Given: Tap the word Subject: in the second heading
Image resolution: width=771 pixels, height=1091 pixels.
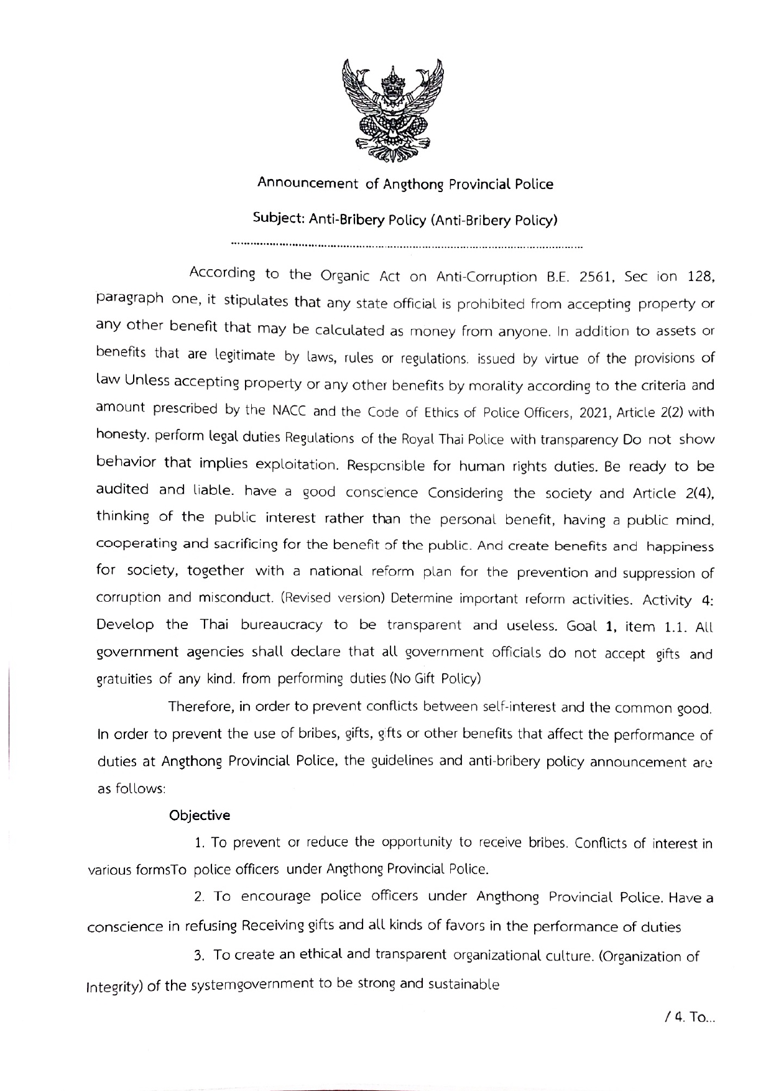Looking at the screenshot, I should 278,219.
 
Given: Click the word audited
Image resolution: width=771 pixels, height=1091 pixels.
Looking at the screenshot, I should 122,490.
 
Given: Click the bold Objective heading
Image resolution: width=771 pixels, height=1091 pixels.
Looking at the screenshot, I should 200,815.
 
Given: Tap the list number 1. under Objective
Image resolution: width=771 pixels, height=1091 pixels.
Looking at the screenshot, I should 200,844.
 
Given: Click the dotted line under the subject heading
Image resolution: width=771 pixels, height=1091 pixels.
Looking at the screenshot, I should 406,244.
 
